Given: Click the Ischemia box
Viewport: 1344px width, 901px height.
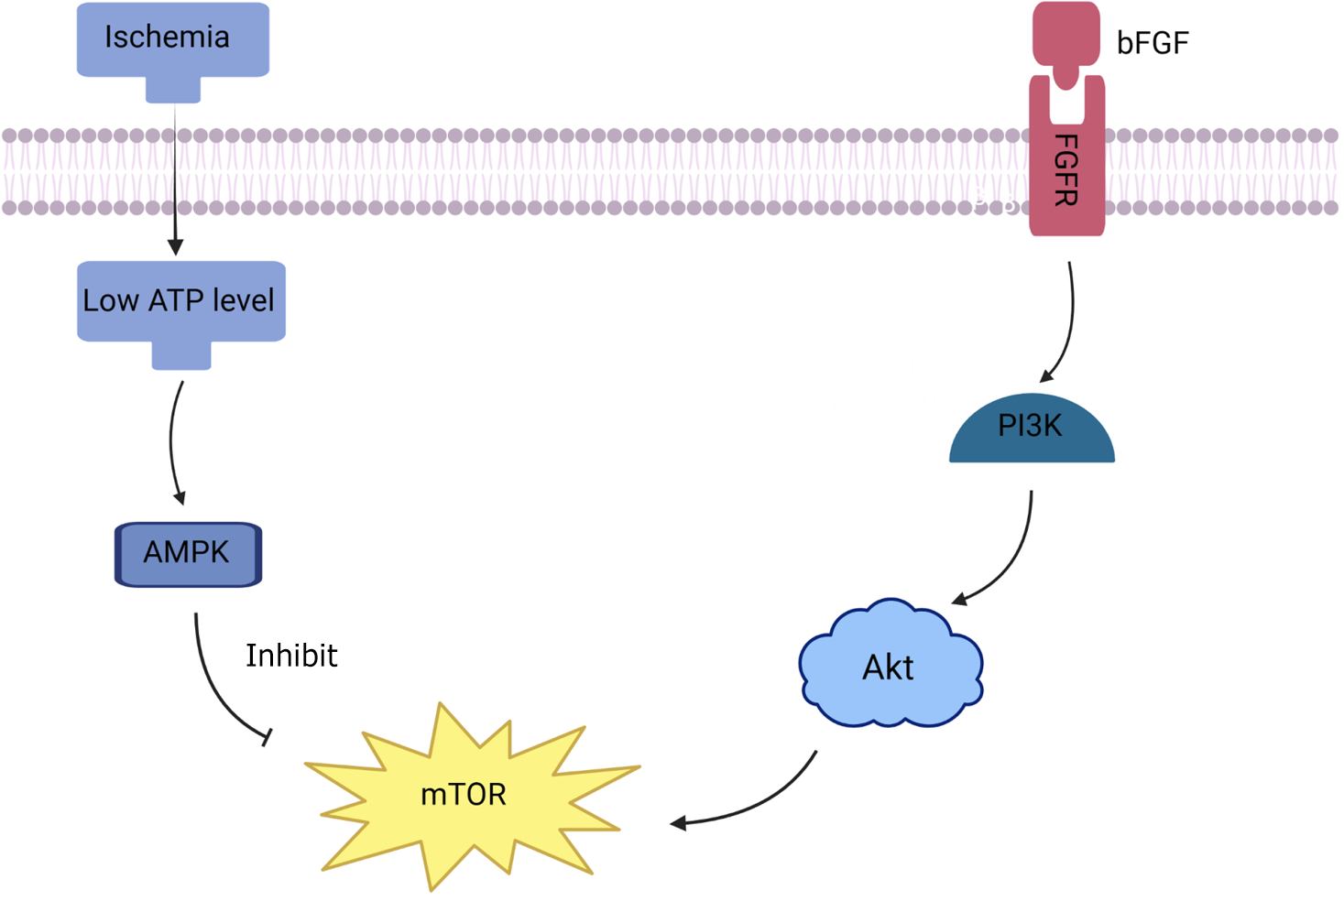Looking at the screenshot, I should click(x=172, y=39).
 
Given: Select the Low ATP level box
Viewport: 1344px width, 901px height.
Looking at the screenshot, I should click(x=180, y=300).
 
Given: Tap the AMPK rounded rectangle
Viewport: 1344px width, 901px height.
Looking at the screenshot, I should click(x=188, y=553).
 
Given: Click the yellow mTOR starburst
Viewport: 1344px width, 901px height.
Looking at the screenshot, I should click(x=464, y=793).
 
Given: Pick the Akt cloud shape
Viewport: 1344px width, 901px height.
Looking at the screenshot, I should click(x=889, y=666).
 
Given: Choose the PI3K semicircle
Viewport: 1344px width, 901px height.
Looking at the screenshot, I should click(x=1032, y=430).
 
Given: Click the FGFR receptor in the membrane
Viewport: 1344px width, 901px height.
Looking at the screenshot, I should click(x=1066, y=174).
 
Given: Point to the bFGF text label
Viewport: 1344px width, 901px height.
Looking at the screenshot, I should click(x=1153, y=43).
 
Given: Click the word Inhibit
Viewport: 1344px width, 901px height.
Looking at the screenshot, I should click(x=291, y=656).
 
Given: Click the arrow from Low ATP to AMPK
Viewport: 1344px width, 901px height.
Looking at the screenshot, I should click(x=173, y=440).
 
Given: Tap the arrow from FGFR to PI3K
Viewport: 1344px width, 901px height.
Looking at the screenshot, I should click(x=1068, y=320).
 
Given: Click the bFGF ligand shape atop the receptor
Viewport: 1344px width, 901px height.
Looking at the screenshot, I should click(x=1066, y=41).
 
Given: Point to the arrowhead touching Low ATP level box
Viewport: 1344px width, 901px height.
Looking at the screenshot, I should click(x=175, y=247).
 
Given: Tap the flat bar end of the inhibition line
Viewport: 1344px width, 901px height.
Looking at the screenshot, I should click(x=267, y=736).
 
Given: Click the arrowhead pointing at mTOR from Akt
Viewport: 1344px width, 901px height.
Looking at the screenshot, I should click(x=679, y=824).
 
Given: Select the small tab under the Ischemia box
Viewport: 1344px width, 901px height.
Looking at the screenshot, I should click(x=173, y=90).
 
